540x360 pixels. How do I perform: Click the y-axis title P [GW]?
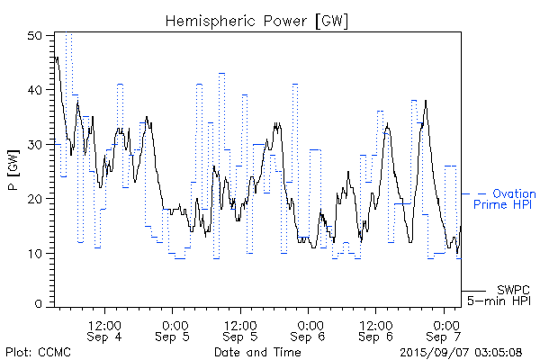13,170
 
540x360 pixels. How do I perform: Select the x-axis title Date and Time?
257,352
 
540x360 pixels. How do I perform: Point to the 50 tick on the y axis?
35,36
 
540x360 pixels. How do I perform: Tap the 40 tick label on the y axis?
35,90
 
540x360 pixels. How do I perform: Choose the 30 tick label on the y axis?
35,144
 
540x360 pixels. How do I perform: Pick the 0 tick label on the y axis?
39,305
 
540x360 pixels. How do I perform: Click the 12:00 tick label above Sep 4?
105,324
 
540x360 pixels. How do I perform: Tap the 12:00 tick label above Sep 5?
241,324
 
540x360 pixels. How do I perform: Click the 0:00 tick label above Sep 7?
446,324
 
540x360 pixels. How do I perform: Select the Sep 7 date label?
446,337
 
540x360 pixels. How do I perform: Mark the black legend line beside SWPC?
473,291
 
